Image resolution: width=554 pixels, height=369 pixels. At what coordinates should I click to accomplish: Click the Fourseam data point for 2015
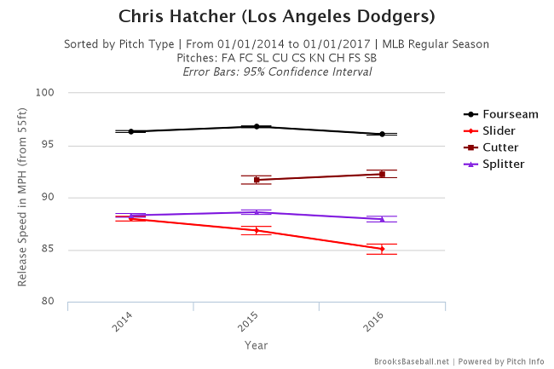click(257, 126)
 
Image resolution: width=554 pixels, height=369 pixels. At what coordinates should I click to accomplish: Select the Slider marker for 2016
click(382, 249)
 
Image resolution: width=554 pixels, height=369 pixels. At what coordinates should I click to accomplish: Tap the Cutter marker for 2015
click(257, 180)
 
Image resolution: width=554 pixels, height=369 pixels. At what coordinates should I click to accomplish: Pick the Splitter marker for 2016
click(382, 219)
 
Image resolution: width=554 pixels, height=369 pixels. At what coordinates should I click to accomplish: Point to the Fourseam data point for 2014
click(131, 131)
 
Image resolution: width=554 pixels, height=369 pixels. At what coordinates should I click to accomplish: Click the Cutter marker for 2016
click(382, 174)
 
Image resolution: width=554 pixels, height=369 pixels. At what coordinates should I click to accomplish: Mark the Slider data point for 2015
click(257, 230)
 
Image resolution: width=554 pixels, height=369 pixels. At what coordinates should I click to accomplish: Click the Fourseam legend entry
click(508, 113)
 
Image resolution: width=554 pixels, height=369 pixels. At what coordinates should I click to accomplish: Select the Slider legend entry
click(500, 130)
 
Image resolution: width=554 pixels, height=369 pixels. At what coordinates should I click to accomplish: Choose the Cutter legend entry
click(501, 147)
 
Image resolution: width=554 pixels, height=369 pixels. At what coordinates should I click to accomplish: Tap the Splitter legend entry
click(504, 163)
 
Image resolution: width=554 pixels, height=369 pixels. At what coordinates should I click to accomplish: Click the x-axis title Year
click(257, 345)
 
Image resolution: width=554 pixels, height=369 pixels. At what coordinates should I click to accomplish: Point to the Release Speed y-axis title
click(23, 198)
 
